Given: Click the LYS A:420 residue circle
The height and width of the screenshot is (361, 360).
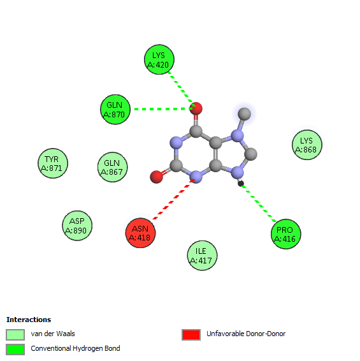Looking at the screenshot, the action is (x=159, y=59).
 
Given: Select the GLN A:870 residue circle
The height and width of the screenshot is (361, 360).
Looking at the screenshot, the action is (x=115, y=110).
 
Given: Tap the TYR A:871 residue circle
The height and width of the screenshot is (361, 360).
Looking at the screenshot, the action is (x=53, y=163).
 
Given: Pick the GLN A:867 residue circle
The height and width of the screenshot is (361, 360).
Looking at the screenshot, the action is (x=113, y=167).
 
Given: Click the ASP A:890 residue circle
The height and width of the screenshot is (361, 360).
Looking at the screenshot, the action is (x=77, y=226).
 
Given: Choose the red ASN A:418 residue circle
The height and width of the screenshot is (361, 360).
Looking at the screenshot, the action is (x=140, y=233).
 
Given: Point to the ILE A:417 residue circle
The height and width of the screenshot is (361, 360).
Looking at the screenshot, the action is (x=202, y=256).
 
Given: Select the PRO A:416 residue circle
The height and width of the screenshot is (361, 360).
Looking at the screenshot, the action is (x=286, y=234).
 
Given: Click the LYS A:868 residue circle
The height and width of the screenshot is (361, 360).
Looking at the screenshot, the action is (x=307, y=145).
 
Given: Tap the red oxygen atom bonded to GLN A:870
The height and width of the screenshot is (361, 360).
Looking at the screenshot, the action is (x=196, y=108).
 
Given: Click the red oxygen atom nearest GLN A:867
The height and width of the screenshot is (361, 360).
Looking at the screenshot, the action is (x=156, y=177).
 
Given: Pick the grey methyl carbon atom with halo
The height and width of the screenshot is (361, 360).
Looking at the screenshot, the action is (x=244, y=114).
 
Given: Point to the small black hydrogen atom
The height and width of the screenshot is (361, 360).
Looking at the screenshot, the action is (x=241, y=184).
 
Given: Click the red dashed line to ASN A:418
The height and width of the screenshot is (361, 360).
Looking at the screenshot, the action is (x=174, y=199).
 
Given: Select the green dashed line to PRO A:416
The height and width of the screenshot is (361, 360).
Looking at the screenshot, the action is (x=259, y=203).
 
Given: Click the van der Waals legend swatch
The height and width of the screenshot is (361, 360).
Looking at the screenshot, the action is (x=15, y=334).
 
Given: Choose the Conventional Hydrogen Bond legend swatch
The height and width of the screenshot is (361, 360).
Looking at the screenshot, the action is (x=15, y=350).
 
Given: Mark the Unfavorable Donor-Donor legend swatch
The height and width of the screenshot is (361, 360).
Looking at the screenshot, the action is (x=191, y=334).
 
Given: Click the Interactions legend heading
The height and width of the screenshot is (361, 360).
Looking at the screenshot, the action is (x=29, y=320).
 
